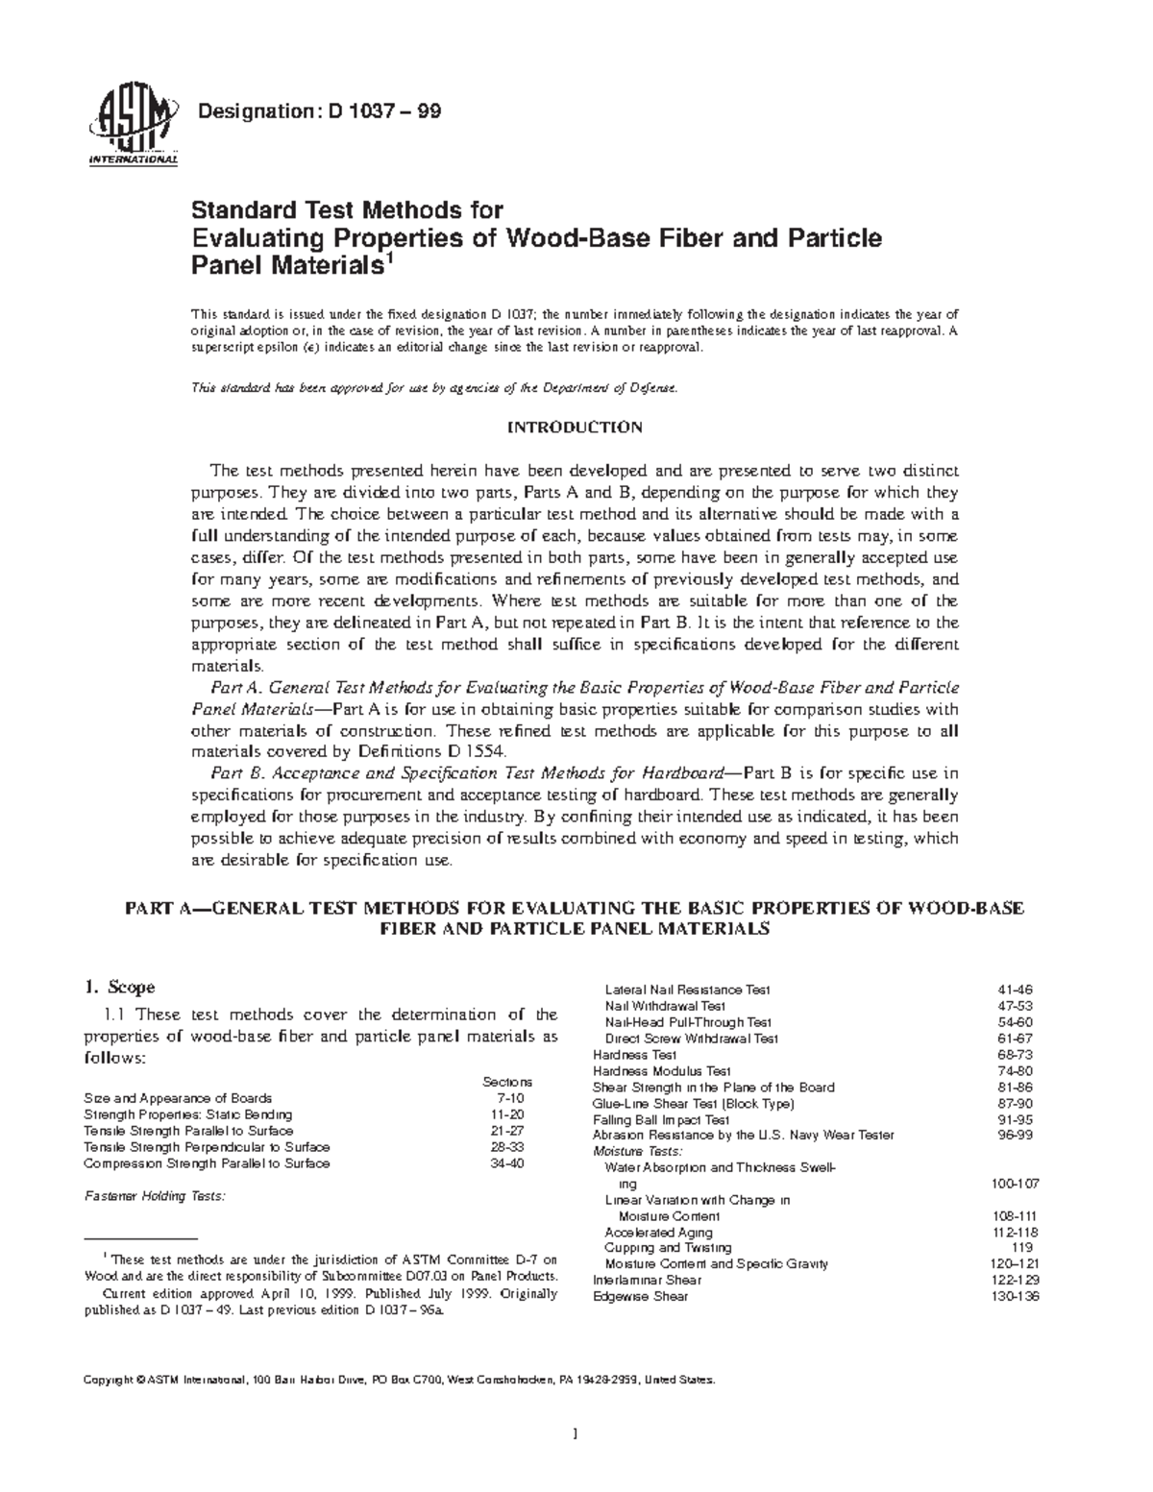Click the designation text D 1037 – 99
coord(318,112)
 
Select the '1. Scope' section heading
coord(119,987)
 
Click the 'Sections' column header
coord(506,1081)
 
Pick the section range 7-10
coord(509,1098)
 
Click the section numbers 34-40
coord(507,1163)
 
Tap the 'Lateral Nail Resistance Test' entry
coord(687,990)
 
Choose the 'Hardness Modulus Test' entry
coord(662,1070)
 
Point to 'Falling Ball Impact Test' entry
coord(661,1119)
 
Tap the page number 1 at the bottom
coord(575,1435)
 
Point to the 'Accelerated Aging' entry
coord(658,1233)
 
